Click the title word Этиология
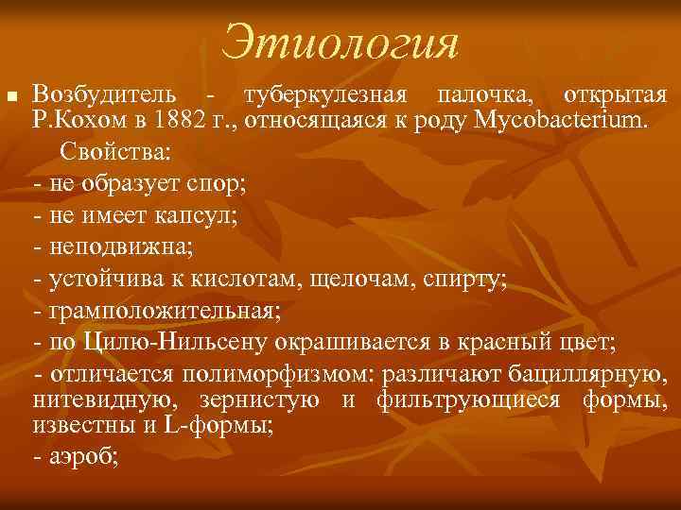pos(340,42)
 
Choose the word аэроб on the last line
pos(78,458)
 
